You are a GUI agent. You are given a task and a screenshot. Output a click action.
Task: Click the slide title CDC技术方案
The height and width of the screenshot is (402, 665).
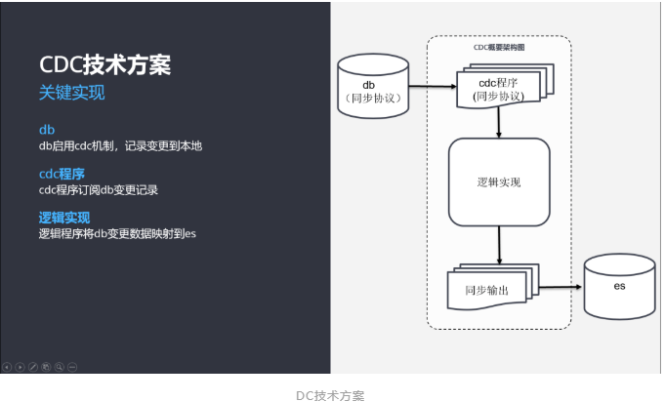[x=104, y=64]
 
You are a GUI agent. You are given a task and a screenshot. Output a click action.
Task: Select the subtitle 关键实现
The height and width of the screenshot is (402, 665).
[x=71, y=94]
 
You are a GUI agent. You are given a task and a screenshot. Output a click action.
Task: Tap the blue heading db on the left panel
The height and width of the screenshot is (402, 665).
[x=46, y=130]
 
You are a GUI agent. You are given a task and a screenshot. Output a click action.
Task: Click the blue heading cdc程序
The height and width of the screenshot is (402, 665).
[x=61, y=174]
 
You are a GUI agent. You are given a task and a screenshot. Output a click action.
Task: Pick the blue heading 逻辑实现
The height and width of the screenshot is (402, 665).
[x=63, y=218]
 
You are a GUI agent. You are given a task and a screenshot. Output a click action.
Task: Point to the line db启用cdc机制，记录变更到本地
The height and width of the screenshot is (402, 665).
[x=120, y=146]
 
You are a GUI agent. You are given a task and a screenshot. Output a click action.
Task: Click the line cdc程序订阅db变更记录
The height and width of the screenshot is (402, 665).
[x=98, y=190]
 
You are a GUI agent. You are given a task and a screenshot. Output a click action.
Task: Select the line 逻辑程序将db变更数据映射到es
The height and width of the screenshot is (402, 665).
[x=117, y=234]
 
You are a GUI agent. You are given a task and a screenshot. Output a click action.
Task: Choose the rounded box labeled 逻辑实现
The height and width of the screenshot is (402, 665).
[x=499, y=182]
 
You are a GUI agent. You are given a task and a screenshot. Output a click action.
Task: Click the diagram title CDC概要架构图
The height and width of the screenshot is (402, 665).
[x=499, y=45]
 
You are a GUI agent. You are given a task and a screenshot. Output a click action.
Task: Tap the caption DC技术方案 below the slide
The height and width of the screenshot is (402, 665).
[x=330, y=395]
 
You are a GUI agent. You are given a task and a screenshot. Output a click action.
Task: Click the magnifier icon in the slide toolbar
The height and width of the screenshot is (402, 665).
[x=59, y=367]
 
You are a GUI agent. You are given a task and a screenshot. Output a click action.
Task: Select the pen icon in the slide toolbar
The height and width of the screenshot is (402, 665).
[x=33, y=367]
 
